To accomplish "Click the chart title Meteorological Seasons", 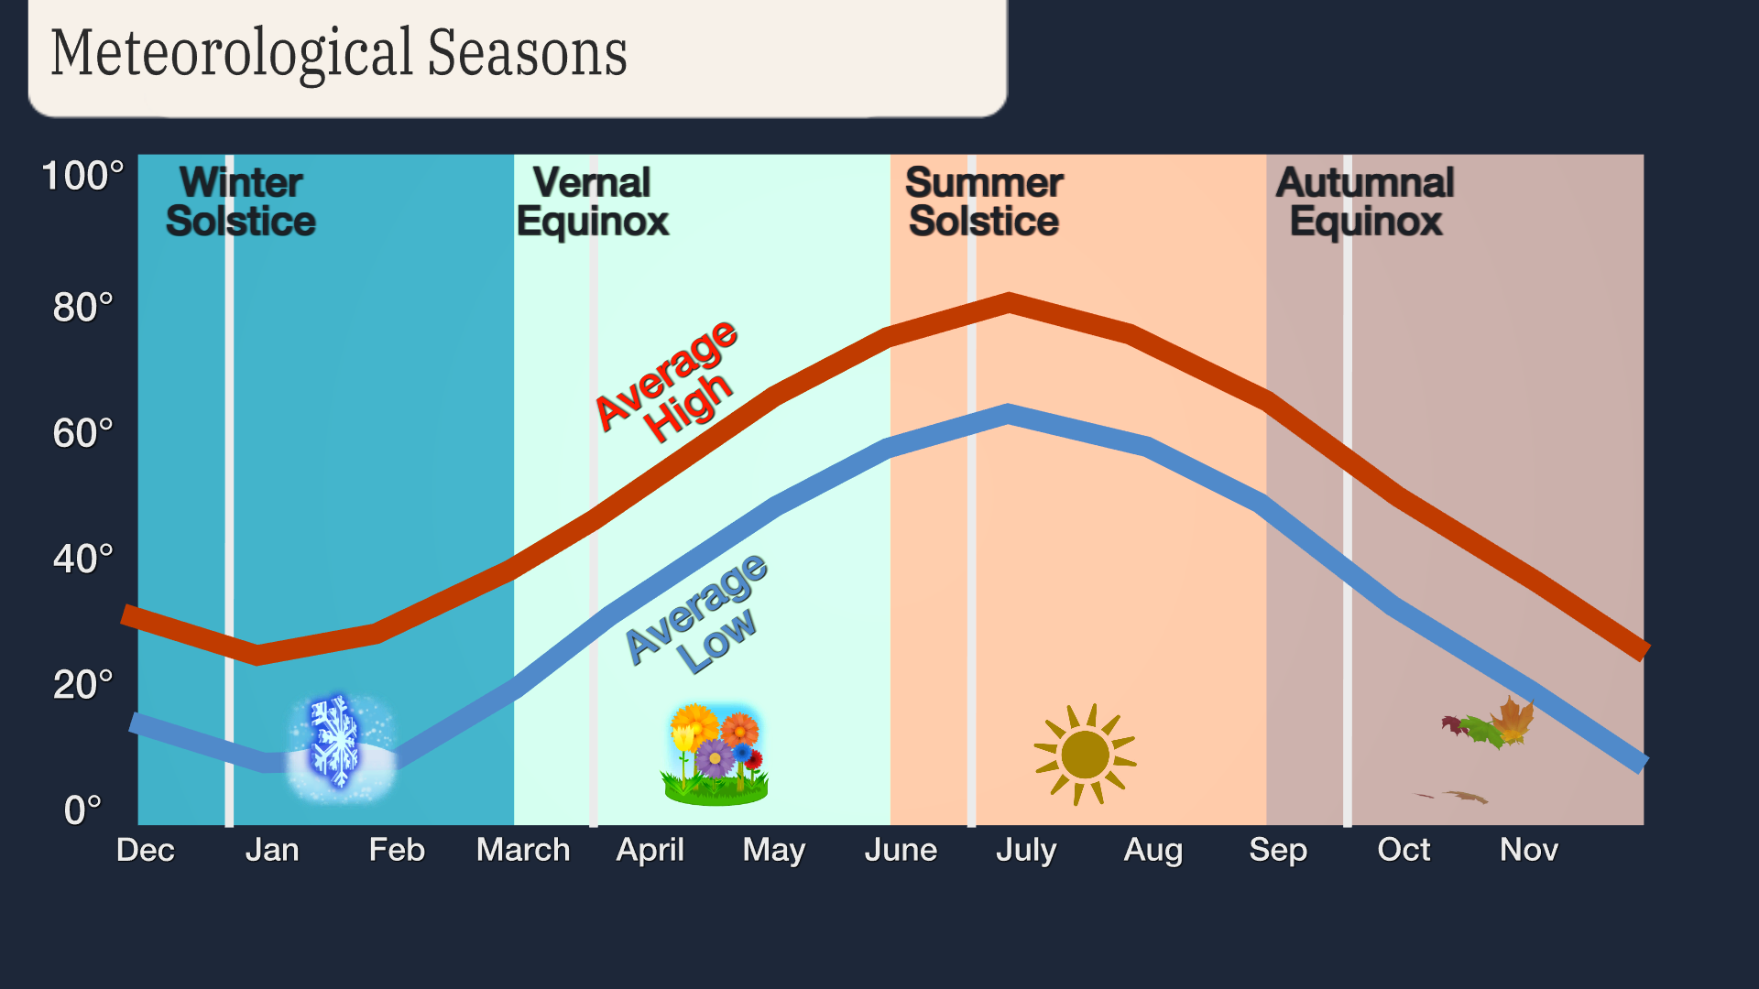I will point(339,53).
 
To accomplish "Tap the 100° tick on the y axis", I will point(82,176).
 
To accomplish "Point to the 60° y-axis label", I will point(82,433).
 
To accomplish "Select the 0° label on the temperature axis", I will point(82,810).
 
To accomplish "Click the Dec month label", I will point(145,850).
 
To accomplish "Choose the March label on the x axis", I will point(523,850).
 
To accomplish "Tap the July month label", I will point(1026,850).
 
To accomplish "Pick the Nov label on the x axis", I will point(1528,850).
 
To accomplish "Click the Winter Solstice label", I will point(241,202).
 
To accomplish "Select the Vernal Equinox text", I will point(593,202).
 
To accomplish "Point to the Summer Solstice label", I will point(984,202).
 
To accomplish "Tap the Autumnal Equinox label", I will point(1365,202).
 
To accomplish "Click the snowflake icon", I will point(335,742).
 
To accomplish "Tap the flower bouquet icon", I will point(715,755).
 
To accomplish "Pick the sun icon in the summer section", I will point(1085,755).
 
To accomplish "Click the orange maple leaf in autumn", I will point(1512,721).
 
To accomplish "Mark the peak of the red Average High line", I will point(1009,303).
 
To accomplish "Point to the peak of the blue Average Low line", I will point(1008,414).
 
